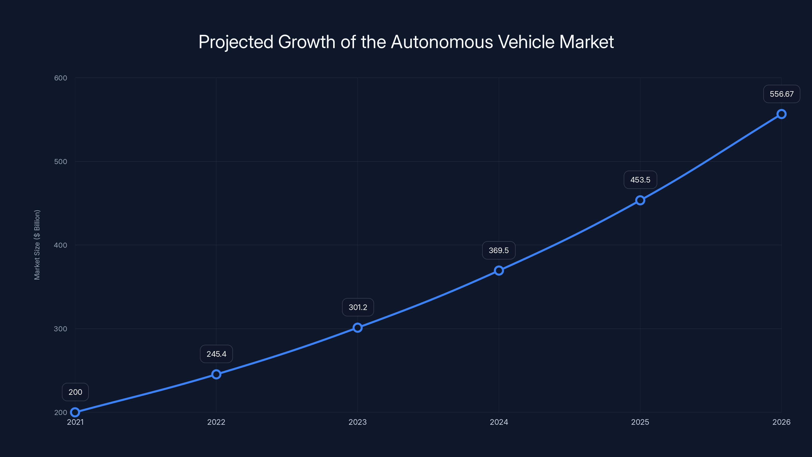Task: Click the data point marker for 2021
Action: [x=75, y=412]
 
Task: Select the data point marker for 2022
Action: [x=216, y=374]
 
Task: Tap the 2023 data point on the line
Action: [x=358, y=328]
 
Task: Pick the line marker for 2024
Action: [x=499, y=271]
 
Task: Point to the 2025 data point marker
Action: [x=640, y=200]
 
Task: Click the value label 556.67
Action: [x=782, y=94]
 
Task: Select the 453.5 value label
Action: [x=640, y=180]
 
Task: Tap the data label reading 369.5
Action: [x=499, y=250]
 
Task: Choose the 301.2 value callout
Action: [x=358, y=307]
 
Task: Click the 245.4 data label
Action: [x=216, y=354]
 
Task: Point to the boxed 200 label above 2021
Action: [x=75, y=392]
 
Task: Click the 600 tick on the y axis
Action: [x=61, y=78]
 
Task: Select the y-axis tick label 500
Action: [x=61, y=161]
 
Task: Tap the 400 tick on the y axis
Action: [x=61, y=245]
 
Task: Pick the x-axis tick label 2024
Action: [x=499, y=422]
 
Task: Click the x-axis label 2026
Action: [x=782, y=422]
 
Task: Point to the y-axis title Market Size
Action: [x=37, y=245]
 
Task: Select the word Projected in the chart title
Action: [x=236, y=42]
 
